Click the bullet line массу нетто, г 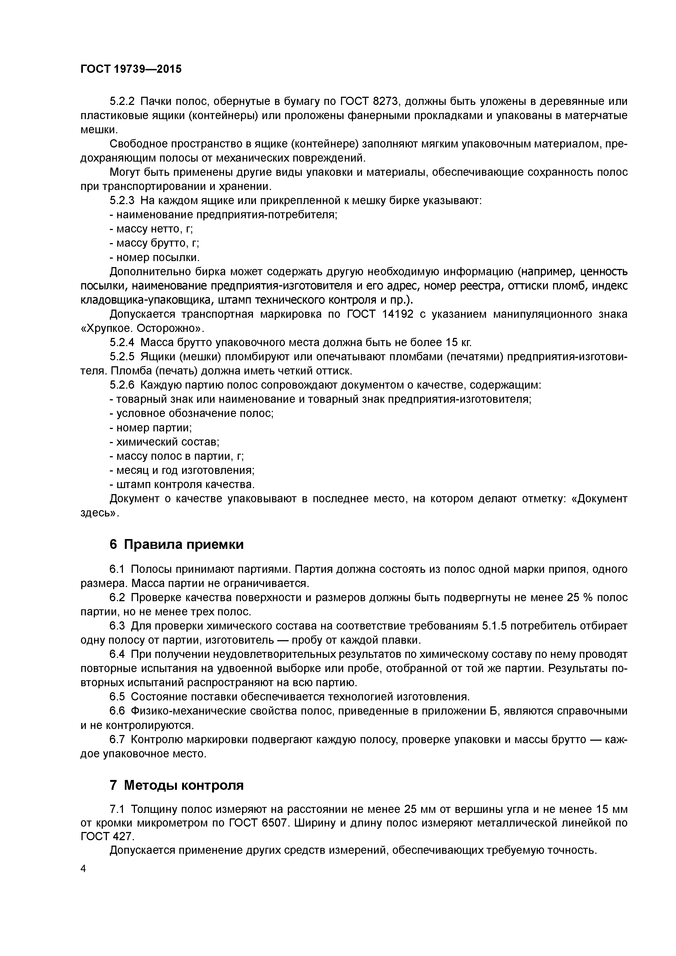151,229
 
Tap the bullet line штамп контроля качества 182,484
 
